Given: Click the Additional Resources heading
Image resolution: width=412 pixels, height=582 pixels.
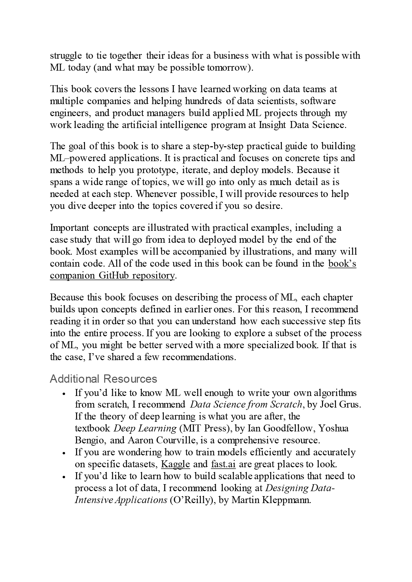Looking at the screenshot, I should [103, 379].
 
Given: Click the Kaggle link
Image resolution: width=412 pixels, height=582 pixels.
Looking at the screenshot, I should [175, 464].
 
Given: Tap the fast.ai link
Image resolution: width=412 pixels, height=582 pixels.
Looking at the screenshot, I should [223, 464].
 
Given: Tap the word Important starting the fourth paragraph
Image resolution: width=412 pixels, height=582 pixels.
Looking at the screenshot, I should [69, 228].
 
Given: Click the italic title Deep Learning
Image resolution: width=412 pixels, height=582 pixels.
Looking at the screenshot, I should [145, 428].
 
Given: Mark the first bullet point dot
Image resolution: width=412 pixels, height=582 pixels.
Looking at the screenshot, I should [64, 394].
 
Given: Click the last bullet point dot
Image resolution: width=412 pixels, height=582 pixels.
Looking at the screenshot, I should [64, 477].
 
